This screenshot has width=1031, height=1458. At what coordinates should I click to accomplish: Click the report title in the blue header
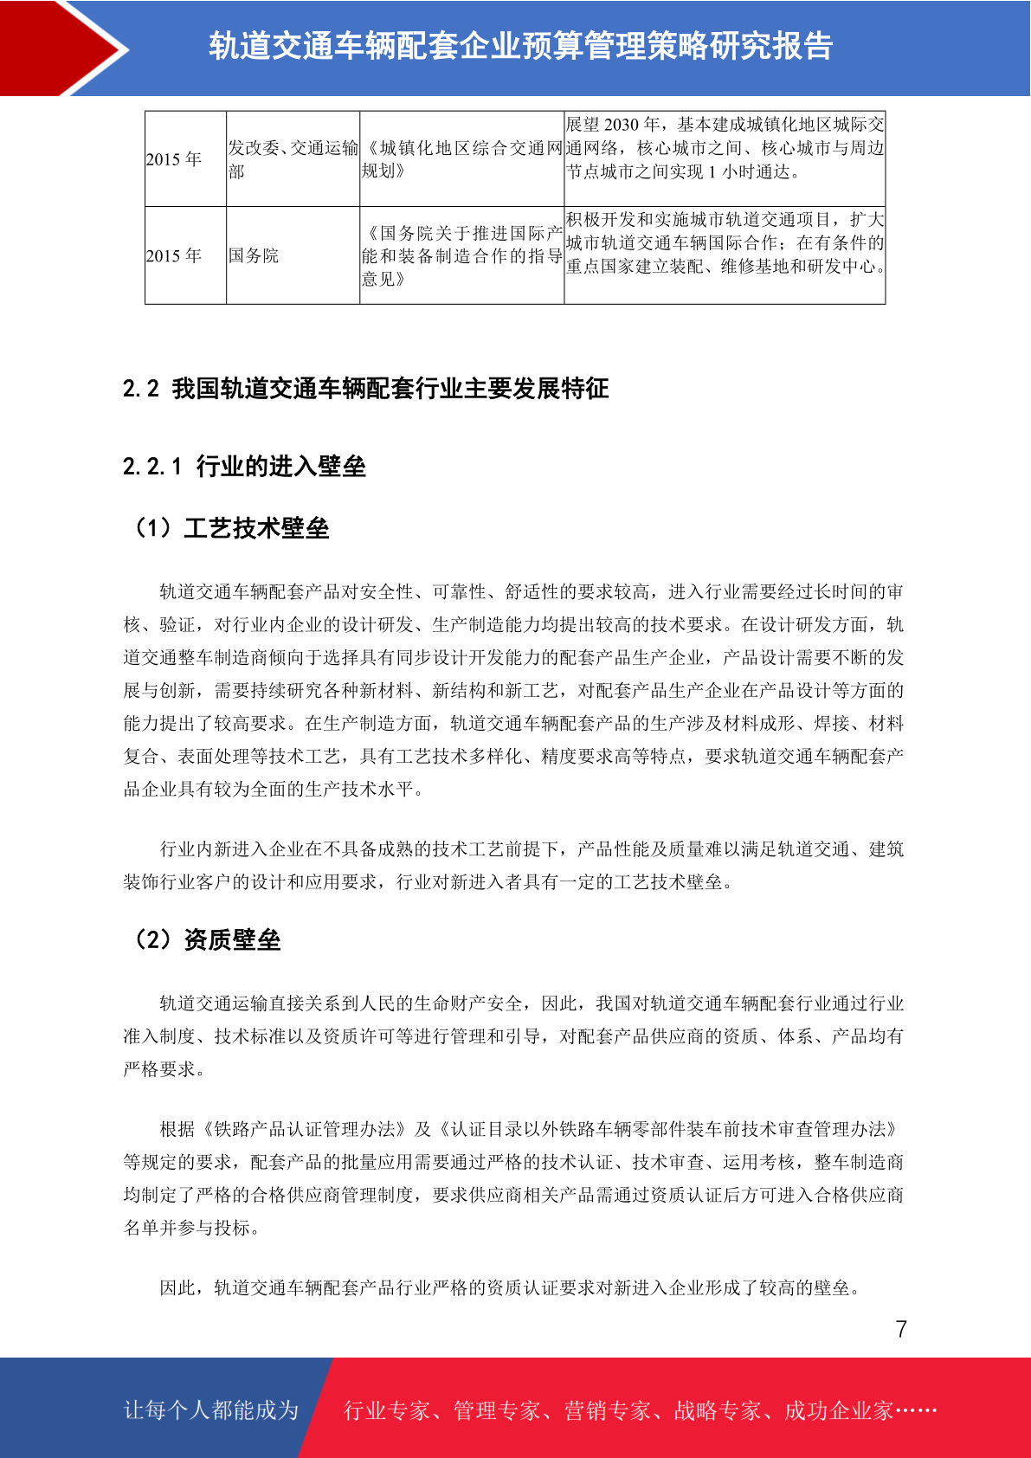click(x=520, y=46)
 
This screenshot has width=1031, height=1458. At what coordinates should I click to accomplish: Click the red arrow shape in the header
click(x=61, y=48)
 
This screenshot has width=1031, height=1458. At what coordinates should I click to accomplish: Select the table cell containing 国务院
click(x=254, y=255)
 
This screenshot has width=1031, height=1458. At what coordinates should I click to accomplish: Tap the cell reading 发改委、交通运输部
click(x=293, y=159)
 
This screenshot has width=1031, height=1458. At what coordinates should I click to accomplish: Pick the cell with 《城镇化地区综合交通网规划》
click(x=461, y=159)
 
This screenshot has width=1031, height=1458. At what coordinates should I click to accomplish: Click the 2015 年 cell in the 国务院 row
click(x=174, y=255)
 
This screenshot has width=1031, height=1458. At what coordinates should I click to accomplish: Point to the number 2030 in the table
click(x=622, y=125)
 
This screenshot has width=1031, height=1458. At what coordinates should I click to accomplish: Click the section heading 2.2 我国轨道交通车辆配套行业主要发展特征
click(x=365, y=388)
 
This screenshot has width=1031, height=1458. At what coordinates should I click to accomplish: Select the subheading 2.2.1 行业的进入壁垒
click(x=244, y=466)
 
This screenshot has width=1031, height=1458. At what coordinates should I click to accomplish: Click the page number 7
click(x=901, y=1329)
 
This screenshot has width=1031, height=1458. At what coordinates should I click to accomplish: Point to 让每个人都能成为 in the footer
click(x=211, y=1410)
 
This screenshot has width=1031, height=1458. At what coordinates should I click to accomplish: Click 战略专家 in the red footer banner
click(x=717, y=1410)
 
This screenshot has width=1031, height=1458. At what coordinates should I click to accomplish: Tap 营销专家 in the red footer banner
click(x=607, y=1410)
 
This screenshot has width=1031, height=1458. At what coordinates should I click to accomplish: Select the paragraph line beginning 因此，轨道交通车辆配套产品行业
click(x=511, y=1287)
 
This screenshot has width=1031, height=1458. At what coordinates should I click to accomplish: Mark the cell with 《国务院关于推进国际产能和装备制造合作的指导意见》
click(x=461, y=255)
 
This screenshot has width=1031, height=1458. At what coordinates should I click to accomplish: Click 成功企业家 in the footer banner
click(x=838, y=1410)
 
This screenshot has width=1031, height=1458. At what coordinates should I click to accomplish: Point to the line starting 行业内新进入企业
click(x=532, y=849)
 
